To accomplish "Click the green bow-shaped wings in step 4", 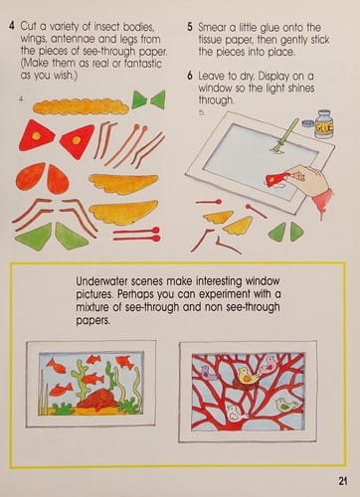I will point(147,99).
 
